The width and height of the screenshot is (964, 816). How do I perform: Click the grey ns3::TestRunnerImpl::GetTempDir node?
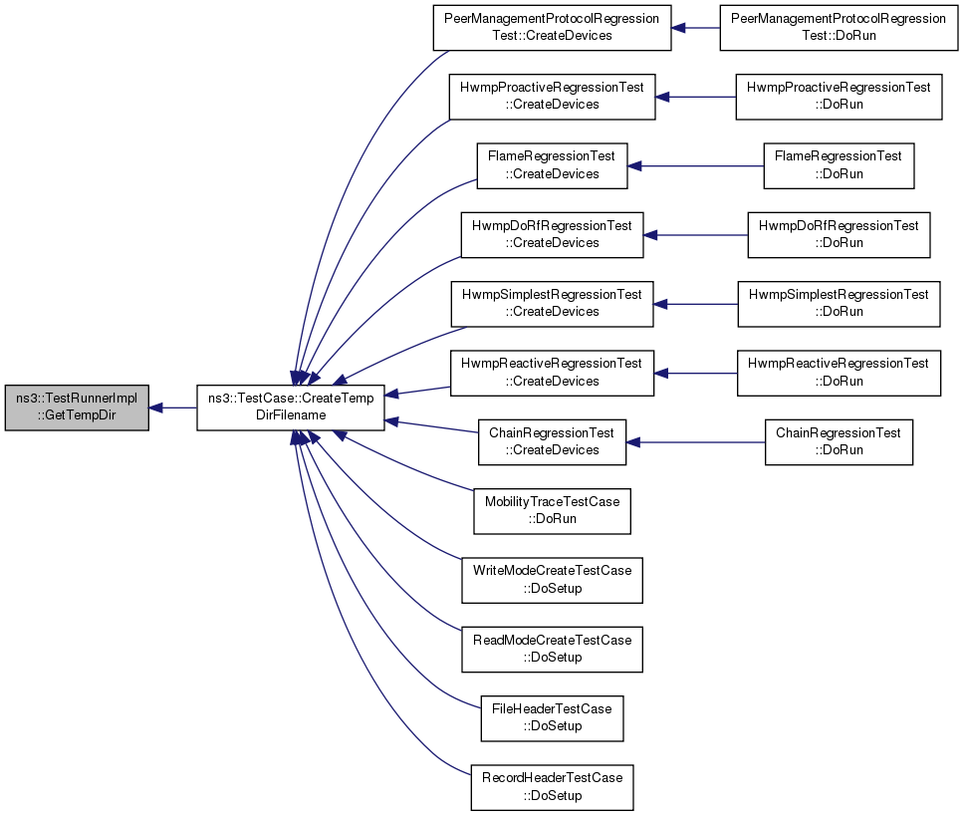point(77,408)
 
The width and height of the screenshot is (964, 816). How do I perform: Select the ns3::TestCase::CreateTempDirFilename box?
point(291,408)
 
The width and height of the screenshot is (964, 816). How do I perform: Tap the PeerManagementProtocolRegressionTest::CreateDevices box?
point(552,28)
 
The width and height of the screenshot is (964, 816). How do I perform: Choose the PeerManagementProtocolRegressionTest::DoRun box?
point(839,28)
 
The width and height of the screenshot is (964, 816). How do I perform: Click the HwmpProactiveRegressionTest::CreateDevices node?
point(552,97)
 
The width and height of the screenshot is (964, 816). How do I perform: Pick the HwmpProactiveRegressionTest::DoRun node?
point(839,97)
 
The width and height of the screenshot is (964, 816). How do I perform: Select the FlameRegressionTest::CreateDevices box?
point(552,166)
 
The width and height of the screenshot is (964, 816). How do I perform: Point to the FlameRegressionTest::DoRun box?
point(839,166)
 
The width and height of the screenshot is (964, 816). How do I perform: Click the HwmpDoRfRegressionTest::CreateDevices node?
point(552,235)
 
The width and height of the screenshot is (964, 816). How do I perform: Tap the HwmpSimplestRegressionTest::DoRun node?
point(839,304)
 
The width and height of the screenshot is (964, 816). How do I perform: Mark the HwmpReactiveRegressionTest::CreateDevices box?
point(552,374)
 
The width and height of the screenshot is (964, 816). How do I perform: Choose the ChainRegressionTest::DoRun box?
point(839,442)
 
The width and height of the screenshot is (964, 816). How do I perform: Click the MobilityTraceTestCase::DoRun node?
point(552,511)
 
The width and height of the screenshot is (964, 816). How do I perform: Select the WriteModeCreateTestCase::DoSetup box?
point(552,581)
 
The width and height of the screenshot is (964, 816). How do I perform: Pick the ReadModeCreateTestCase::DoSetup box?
point(552,650)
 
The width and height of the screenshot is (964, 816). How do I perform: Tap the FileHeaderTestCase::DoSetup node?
point(552,718)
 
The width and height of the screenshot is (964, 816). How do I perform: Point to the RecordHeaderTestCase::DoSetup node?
point(552,788)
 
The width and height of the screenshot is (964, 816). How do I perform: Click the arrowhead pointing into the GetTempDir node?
point(155,408)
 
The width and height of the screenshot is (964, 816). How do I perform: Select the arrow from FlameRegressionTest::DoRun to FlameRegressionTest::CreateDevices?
point(695,166)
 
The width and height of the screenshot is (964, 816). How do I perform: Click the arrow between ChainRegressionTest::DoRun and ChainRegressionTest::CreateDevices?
point(695,442)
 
